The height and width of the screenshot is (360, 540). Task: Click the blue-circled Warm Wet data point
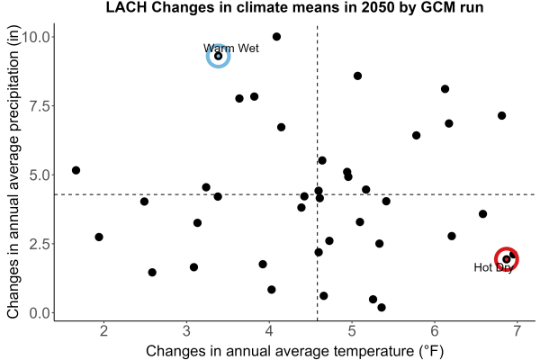click(x=219, y=56)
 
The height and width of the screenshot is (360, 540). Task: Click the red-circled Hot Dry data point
click(x=506, y=259)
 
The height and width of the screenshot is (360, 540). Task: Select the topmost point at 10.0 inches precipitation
click(x=276, y=37)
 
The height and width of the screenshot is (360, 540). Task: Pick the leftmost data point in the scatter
click(x=76, y=170)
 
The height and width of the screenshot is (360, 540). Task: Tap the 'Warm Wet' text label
click(x=231, y=49)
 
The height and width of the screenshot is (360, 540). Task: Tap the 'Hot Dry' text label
click(x=493, y=267)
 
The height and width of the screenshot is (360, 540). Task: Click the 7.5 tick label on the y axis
click(x=40, y=106)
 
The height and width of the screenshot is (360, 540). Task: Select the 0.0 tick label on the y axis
click(x=40, y=313)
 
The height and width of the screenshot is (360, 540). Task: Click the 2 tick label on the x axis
click(x=103, y=331)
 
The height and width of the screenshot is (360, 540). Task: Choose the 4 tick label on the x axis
click(x=269, y=331)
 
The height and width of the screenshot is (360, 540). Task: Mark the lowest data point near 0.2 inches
click(x=382, y=307)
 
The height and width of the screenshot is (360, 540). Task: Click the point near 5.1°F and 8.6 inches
click(x=357, y=76)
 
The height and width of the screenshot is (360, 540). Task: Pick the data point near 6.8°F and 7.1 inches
click(x=502, y=115)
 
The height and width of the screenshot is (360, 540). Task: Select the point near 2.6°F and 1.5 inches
click(x=152, y=273)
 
